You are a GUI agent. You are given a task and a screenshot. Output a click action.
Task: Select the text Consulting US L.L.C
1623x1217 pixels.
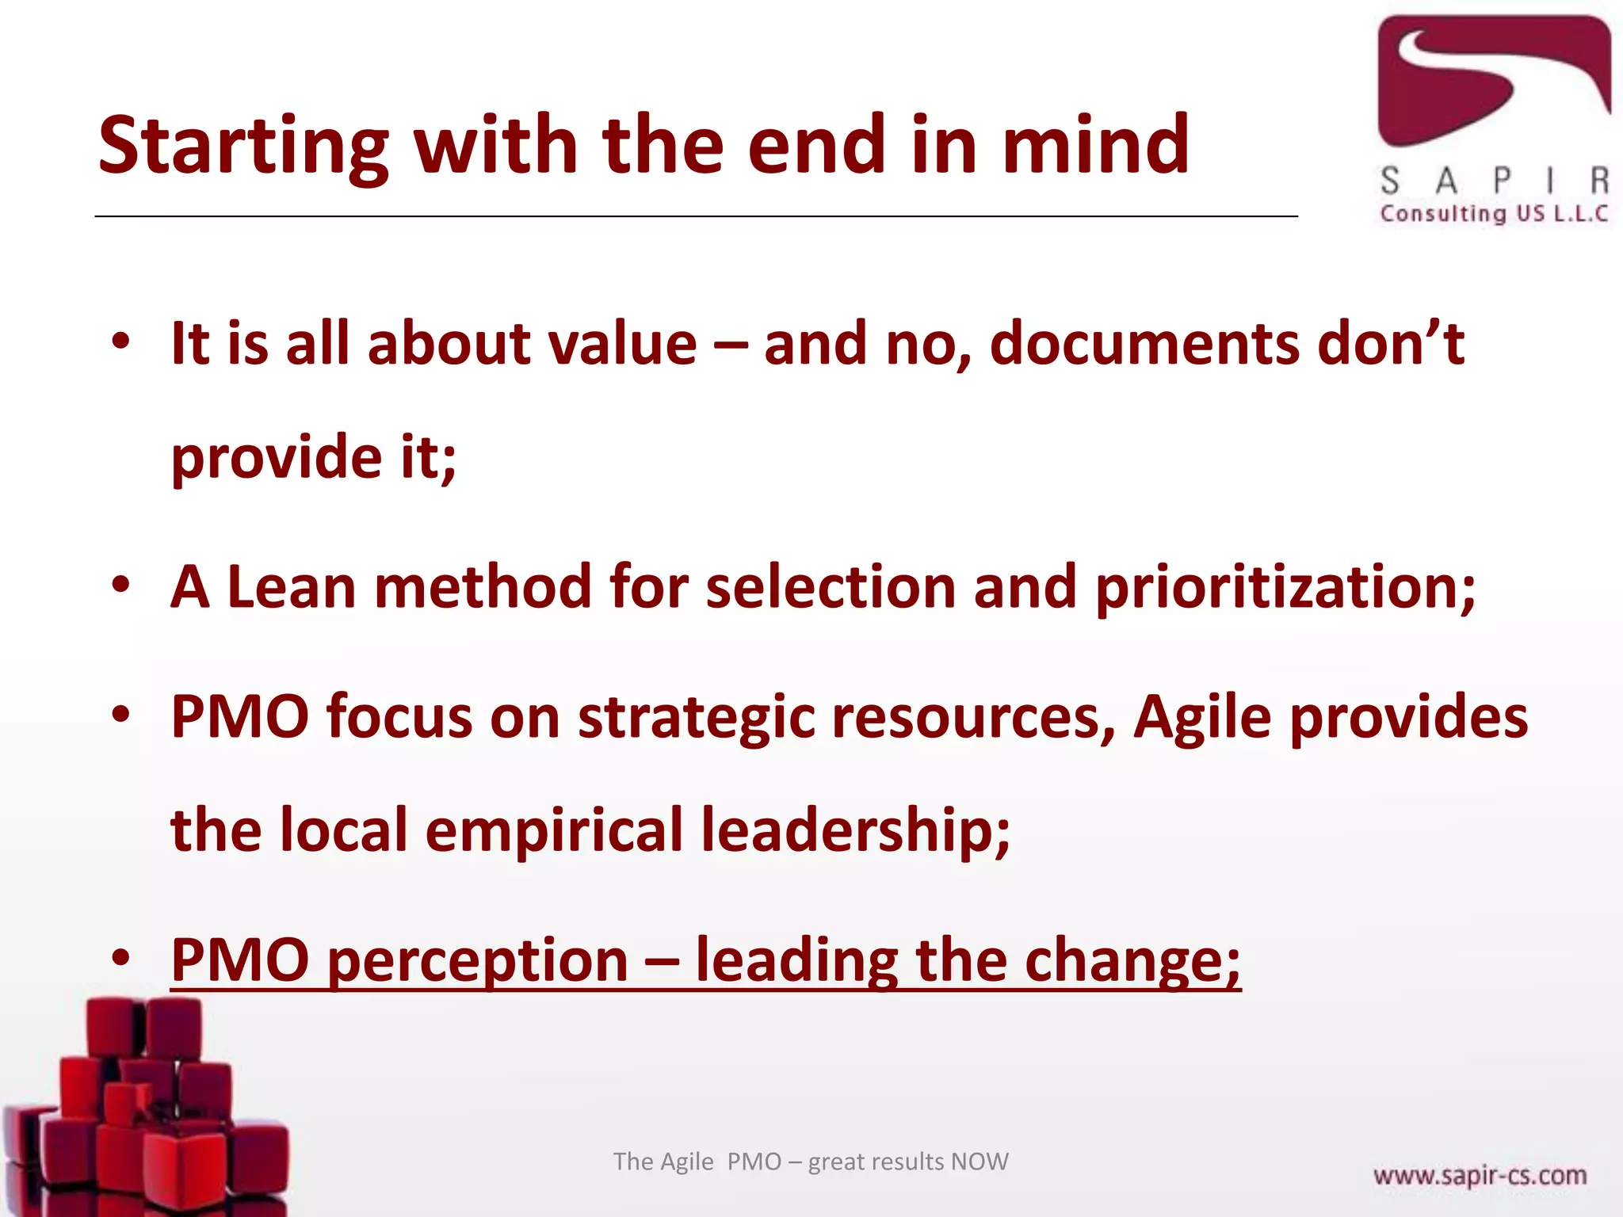(x=1493, y=214)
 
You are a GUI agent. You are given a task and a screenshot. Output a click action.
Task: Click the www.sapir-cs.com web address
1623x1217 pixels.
(x=1480, y=1175)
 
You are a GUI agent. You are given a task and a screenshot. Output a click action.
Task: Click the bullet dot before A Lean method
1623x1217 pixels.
(x=120, y=586)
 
